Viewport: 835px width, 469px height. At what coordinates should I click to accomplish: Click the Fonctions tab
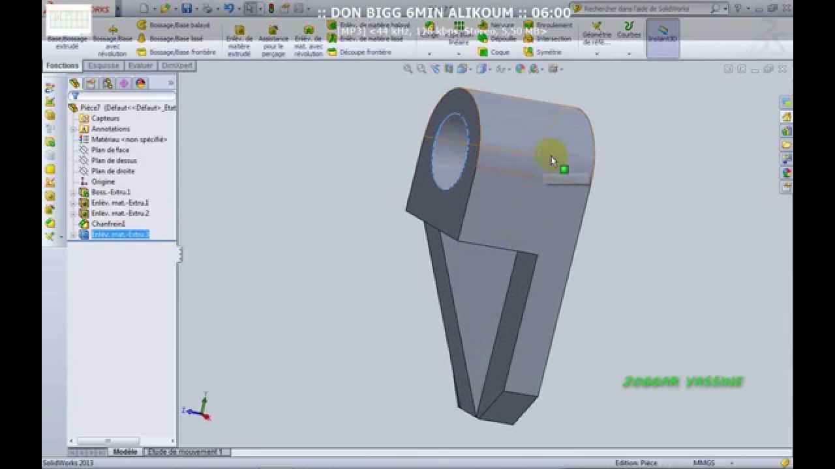coord(63,66)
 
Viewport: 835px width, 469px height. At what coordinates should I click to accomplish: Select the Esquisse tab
coord(104,66)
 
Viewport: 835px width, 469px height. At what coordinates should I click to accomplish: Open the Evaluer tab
coord(140,66)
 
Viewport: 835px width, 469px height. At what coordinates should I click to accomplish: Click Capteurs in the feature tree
coord(105,119)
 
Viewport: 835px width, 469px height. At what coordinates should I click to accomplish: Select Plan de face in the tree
coord(110,150)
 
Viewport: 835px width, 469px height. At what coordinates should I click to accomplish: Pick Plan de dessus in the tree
coord(114,160)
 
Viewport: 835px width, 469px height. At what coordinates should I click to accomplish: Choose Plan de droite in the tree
coord(112,171)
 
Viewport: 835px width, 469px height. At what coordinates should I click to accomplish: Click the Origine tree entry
coord(102,182)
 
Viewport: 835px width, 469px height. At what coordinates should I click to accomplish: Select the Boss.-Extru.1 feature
coord(110,192)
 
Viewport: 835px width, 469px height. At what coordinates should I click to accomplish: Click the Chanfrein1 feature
coord(108,223)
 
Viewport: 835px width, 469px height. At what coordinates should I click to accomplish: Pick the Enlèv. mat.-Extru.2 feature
coord(119,213)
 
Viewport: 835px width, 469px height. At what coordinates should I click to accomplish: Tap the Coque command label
coord(500,52)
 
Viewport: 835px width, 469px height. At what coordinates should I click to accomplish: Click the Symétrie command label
coord(549,52)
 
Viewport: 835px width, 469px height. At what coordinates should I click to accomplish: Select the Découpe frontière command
coord(365,52)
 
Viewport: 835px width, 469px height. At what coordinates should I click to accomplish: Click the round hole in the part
coord(450,151)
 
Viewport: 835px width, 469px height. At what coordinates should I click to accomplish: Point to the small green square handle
coord(564,169)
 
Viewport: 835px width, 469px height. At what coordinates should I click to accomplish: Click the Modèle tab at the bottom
coord(125,451)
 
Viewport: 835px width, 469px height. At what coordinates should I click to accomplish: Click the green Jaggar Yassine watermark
coord(682,382)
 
